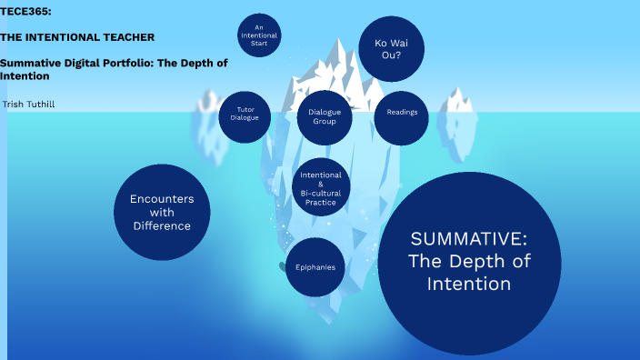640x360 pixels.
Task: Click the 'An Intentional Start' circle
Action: (x=259, y=35)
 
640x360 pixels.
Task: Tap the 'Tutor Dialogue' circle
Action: (x=245, y=113)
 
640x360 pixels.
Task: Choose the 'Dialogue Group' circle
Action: (x=325, y=115)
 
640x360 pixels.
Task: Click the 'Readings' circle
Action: (x=402, y=112)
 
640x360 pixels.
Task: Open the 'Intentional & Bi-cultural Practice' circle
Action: (x=320, y=188)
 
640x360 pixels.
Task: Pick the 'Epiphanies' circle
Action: (x=315, y=267)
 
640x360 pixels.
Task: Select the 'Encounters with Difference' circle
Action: (x=162, y=212)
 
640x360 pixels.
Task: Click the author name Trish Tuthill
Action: (x=28, y=105)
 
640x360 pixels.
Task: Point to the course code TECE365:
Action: (x=25, y=10)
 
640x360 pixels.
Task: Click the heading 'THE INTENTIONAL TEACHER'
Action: (x=77, y=37)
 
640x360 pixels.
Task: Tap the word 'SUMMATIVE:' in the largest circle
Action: (x=468, y=239)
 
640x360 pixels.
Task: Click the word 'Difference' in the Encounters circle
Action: (x=162, y=225)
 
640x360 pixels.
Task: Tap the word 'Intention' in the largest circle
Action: (x=468, y=284)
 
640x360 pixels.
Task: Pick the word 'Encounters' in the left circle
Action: (x=162, y=198)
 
